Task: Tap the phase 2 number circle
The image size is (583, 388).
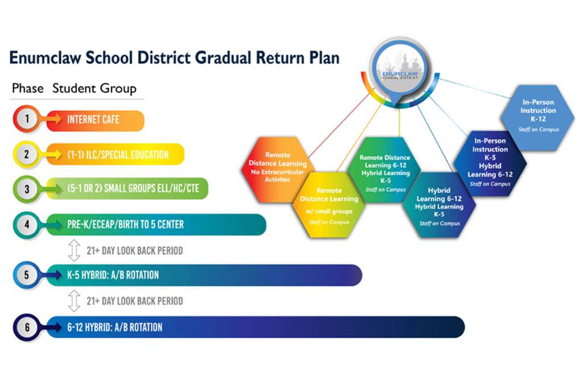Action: point(26,155)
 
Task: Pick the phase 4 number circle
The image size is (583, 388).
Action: point(27,224)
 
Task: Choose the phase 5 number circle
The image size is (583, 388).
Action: point(27,275)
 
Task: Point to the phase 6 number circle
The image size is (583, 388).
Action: point(27,327)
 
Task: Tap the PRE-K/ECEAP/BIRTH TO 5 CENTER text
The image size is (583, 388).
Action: point(125,225)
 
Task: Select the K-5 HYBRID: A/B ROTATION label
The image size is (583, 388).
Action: point(113,275)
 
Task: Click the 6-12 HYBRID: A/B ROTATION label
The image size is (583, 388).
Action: point(114,327)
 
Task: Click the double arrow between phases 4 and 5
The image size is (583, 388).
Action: point(74,250)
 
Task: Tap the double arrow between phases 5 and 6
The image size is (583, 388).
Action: point(74,301)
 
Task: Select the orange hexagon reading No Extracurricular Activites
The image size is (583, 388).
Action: point(277,167)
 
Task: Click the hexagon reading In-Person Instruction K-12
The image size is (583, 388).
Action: point(538,117)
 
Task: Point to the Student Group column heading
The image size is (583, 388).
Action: point(95,89)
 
